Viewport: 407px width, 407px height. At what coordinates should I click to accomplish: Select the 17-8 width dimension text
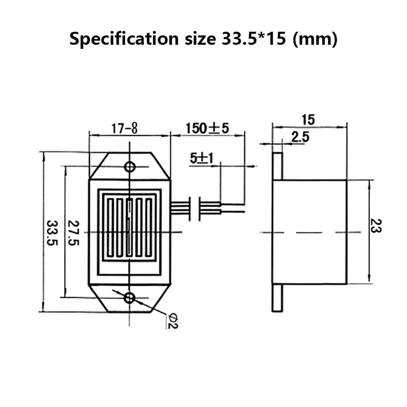coord(125,129)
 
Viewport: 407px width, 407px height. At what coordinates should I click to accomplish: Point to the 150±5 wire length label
coord(208,128)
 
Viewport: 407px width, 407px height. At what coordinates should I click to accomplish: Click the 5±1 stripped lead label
coord(201,158)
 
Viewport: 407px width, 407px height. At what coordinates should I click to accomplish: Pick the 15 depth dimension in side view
coord(308,120)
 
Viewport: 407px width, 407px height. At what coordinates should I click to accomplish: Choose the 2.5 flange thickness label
coord(300,138)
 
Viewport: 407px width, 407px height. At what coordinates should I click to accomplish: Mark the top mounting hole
coord(130,166)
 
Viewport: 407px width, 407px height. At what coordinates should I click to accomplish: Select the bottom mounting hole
coord(130,298)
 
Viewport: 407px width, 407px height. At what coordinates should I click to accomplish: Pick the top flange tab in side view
coord(277,166)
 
